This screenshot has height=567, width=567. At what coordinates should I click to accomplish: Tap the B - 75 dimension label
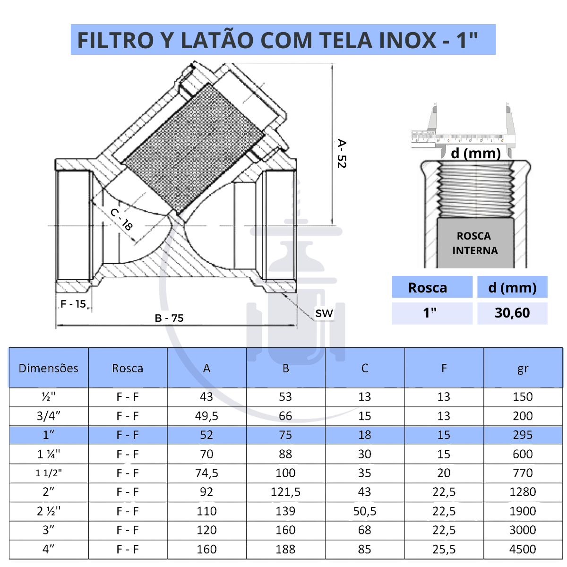click(x=169, y=318)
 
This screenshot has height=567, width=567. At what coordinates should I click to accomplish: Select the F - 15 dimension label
click(x=73, y=304)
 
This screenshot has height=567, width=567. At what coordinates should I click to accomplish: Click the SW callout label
click(x=324, y=313)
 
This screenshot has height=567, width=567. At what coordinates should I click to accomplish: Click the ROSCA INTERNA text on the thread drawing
click(x=474, y=243)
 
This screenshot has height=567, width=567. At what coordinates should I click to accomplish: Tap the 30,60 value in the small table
click(x=512, y=313)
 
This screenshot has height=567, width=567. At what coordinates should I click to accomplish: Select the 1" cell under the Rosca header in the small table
click(x=430, y=313)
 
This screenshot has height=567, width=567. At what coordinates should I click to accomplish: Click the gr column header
click(x=523, y=369)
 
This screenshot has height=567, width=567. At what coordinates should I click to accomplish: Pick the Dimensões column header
click(x=48, y=369)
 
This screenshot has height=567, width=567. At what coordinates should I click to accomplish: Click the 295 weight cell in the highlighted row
click(x=523, y=435)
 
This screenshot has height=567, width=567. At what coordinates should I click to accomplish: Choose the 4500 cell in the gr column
click(x=523, y=550)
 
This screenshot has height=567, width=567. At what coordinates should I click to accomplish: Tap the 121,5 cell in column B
click(x=285, y=492)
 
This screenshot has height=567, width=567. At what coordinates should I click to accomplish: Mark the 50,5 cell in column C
click(x=364, y=511)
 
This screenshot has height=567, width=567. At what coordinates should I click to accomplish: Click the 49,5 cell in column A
click(x=206, y=416)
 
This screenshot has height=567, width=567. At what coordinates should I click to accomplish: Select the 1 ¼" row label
click(x=48, y=454)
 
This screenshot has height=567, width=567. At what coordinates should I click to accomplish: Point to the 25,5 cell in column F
click(x=444, y=550)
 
